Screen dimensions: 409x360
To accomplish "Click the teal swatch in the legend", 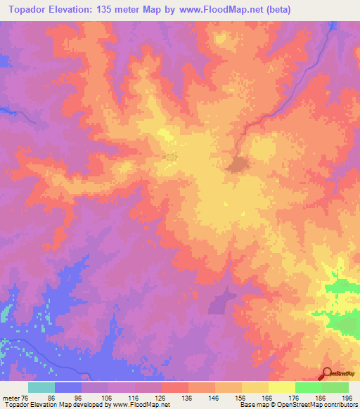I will [41, 387].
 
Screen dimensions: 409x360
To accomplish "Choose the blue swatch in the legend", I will [68, 387].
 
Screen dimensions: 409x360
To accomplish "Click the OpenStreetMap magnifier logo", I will [326, 374].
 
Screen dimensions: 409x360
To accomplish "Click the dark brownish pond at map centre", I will [237, 164].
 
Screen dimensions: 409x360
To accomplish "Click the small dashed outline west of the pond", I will [171, 156].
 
